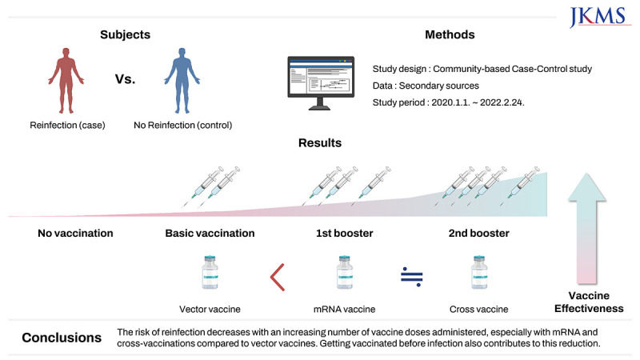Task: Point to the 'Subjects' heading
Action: click(126, 35)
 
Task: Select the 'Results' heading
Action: click(320, 143)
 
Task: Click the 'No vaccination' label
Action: click(75, 234)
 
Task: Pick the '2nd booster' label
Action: click(478, 234)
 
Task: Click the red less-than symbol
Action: click(278, 275)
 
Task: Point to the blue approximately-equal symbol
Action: click(411, 276)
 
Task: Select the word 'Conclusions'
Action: click(61, 338)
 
